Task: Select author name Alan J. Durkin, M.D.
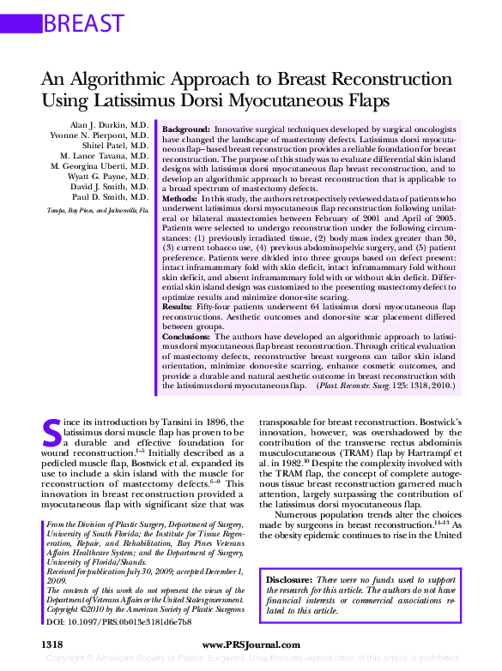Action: (109, 125)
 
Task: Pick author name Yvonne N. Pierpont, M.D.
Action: (100, 135)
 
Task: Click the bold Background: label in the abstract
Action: (186, 127)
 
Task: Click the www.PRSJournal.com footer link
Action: (250, 644)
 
